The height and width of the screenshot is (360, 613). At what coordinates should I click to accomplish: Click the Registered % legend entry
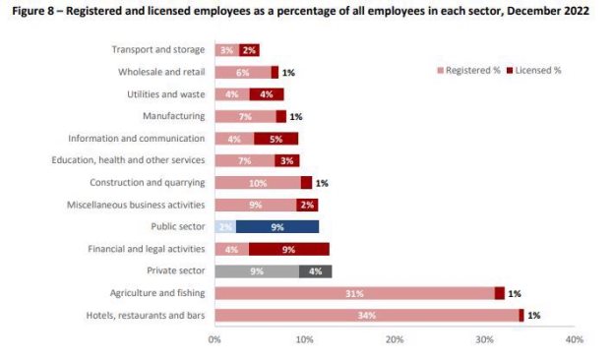(x=468, y=71)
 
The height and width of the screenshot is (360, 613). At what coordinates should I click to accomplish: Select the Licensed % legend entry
(x=534, y=71)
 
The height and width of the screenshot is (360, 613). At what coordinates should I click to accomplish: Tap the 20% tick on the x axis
(x=395, y=339)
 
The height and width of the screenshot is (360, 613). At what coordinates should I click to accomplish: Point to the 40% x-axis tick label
(x=575, y=339)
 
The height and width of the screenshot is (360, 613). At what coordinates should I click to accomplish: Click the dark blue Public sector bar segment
(x=277, y=226)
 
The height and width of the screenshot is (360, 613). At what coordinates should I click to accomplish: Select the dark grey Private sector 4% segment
(x=316, y=271)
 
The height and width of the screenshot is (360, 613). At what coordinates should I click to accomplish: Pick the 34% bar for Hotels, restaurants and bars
(x=367, y=316)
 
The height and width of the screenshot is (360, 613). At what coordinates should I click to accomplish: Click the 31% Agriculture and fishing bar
(x=354, y=293)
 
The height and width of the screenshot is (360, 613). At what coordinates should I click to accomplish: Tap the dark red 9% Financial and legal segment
(x=289, y=249)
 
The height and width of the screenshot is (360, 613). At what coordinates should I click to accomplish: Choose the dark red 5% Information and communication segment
(x=276, y=139)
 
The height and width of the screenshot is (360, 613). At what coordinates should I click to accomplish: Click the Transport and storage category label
(x=158, y=49)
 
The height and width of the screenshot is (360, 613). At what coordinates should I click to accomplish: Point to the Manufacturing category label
(x=173, y=116)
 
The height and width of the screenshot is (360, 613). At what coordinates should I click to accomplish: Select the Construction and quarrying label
(x=148, y=183)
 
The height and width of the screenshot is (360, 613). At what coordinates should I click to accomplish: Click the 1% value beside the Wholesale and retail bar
(x=288, y=73)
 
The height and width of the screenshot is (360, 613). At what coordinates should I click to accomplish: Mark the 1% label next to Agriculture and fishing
(x=515, y=293)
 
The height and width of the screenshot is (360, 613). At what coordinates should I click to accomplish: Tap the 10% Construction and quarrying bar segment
(x=258, y=183)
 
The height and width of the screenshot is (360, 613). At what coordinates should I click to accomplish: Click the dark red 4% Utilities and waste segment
(x=267, y=94)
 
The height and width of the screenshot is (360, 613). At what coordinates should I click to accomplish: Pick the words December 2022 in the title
(x=548, y=11)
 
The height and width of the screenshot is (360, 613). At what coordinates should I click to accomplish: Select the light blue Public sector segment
(x=225, y=226)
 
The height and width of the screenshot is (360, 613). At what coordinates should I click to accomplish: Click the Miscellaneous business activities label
(x=136, y=205)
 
